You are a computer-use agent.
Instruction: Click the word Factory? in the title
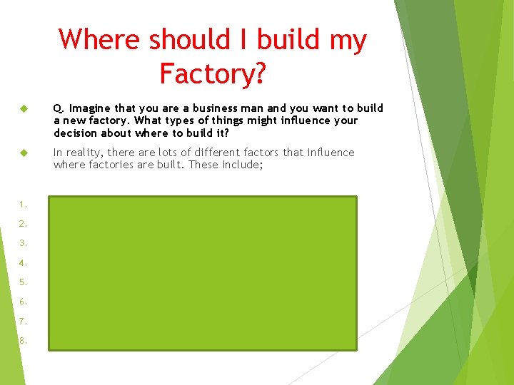coord(212,73)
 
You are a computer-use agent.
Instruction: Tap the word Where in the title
coord(100,40)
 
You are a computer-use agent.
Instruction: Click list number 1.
coord(24,202)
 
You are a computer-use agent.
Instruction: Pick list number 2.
coord(24,223)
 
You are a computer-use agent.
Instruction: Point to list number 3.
coord(24,242)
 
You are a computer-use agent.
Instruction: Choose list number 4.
coord(24,262)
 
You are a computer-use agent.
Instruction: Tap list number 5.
coord(24,282)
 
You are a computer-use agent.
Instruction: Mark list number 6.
coord(24,302)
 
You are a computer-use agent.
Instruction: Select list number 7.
coord(24,321)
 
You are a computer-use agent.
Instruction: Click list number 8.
coord(24,341)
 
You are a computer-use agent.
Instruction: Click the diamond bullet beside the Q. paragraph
coord(23,108)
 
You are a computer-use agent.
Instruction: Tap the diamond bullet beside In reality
coord(23,153)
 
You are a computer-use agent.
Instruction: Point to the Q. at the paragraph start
coord(59,108)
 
